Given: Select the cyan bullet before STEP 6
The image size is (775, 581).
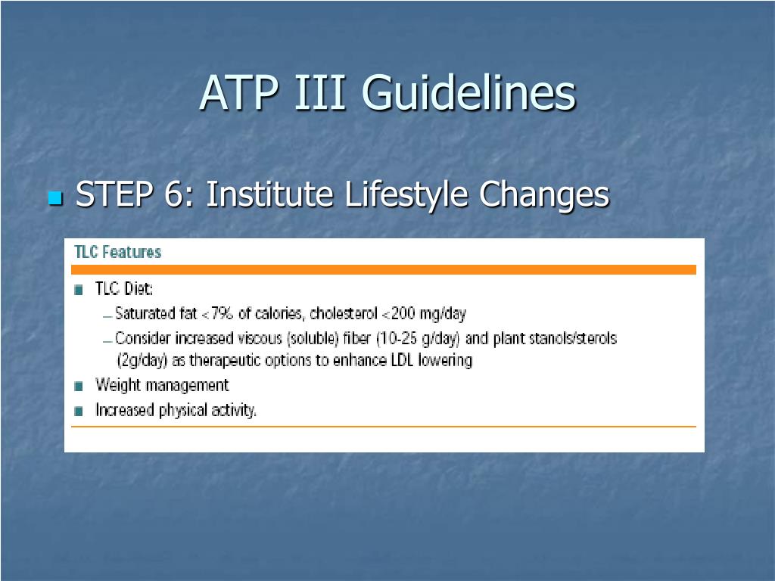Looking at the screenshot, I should (x=54, y=199).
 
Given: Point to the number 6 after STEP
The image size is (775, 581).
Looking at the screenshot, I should (x=172, y=195).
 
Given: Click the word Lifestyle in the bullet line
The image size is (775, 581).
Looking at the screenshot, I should (x=408, y=195).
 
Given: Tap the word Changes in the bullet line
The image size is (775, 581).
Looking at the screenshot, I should (x=544, y=195).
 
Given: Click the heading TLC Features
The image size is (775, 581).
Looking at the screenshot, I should (x=117, y=252).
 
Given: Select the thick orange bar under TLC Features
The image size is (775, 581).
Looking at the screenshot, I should (x=384, y=269).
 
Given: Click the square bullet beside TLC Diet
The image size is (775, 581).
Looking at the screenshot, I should (x=79, y=290).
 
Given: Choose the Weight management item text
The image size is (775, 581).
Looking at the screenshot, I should (x=162, y=385).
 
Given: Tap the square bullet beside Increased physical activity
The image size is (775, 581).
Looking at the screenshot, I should (x=79, y=412).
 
